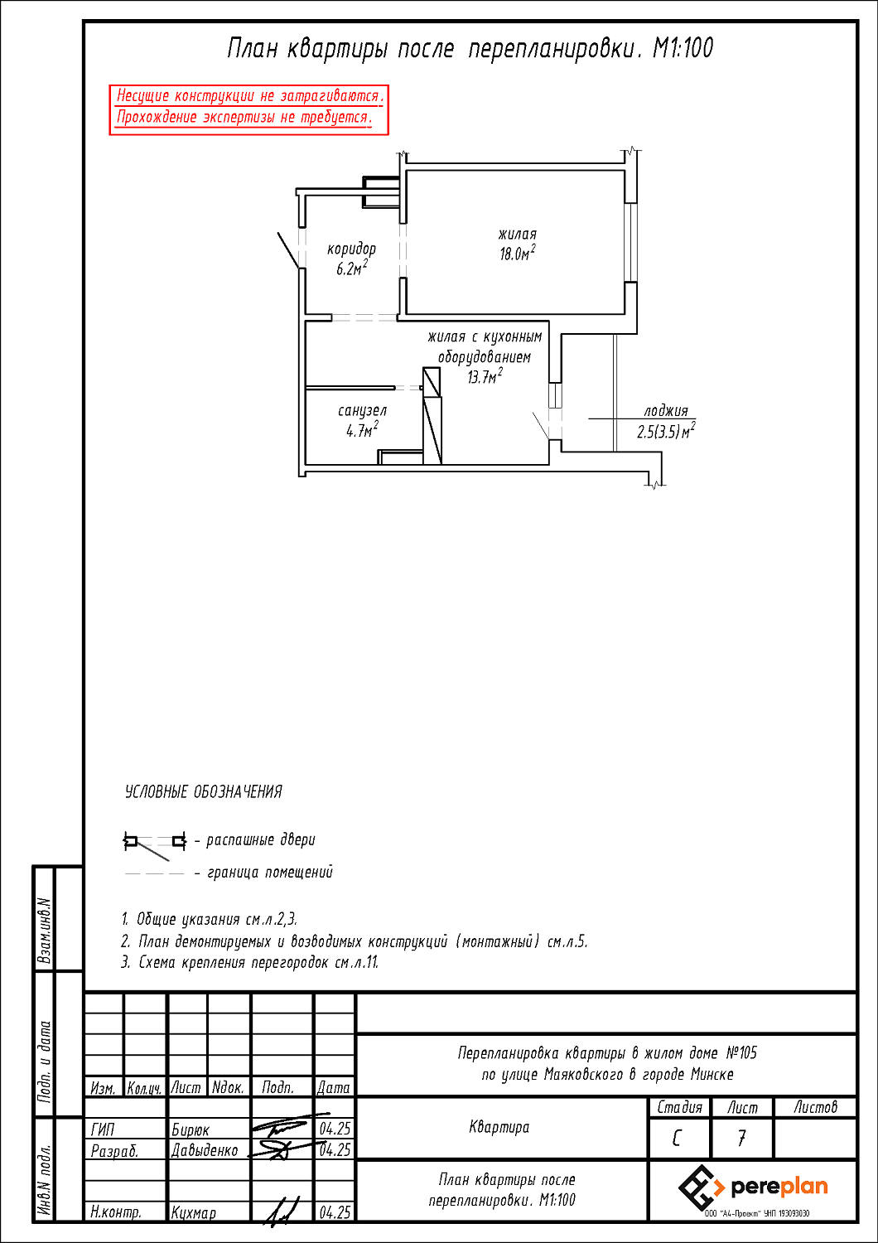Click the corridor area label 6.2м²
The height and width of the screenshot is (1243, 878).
(x=352, y=268)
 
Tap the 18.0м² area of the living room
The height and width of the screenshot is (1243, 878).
(x=518, y=253)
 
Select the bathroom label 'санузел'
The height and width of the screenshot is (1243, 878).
(x=362, y=411)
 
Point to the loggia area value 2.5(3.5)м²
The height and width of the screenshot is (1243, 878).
(x=666, y=431)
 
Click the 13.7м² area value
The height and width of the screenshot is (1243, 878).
(x=485, y=376)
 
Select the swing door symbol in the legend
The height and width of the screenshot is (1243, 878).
(x=155, y=845)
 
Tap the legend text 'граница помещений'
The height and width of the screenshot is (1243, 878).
(x=270, y=873)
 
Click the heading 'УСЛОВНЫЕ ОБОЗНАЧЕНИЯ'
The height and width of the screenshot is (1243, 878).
(x=204, y=792)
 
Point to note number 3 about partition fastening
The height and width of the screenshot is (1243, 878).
(x=250, y=962)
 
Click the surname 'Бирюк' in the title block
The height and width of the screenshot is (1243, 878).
(x=191, y=1129)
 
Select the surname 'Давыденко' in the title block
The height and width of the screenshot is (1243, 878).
(x=204, y=1150)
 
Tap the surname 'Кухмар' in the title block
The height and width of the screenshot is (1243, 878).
(x=194, y=1212)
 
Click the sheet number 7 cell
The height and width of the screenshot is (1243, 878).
(x=741, y=1138)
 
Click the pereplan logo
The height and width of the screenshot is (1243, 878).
(x=753, y=1188)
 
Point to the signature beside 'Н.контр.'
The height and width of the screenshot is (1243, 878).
(x=281, y=1211)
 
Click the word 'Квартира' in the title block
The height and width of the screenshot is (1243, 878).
(x=499, y=1127)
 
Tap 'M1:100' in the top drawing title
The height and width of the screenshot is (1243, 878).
(x=683, y=48)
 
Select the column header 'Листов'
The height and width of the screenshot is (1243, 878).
(x=815, y=1108)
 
